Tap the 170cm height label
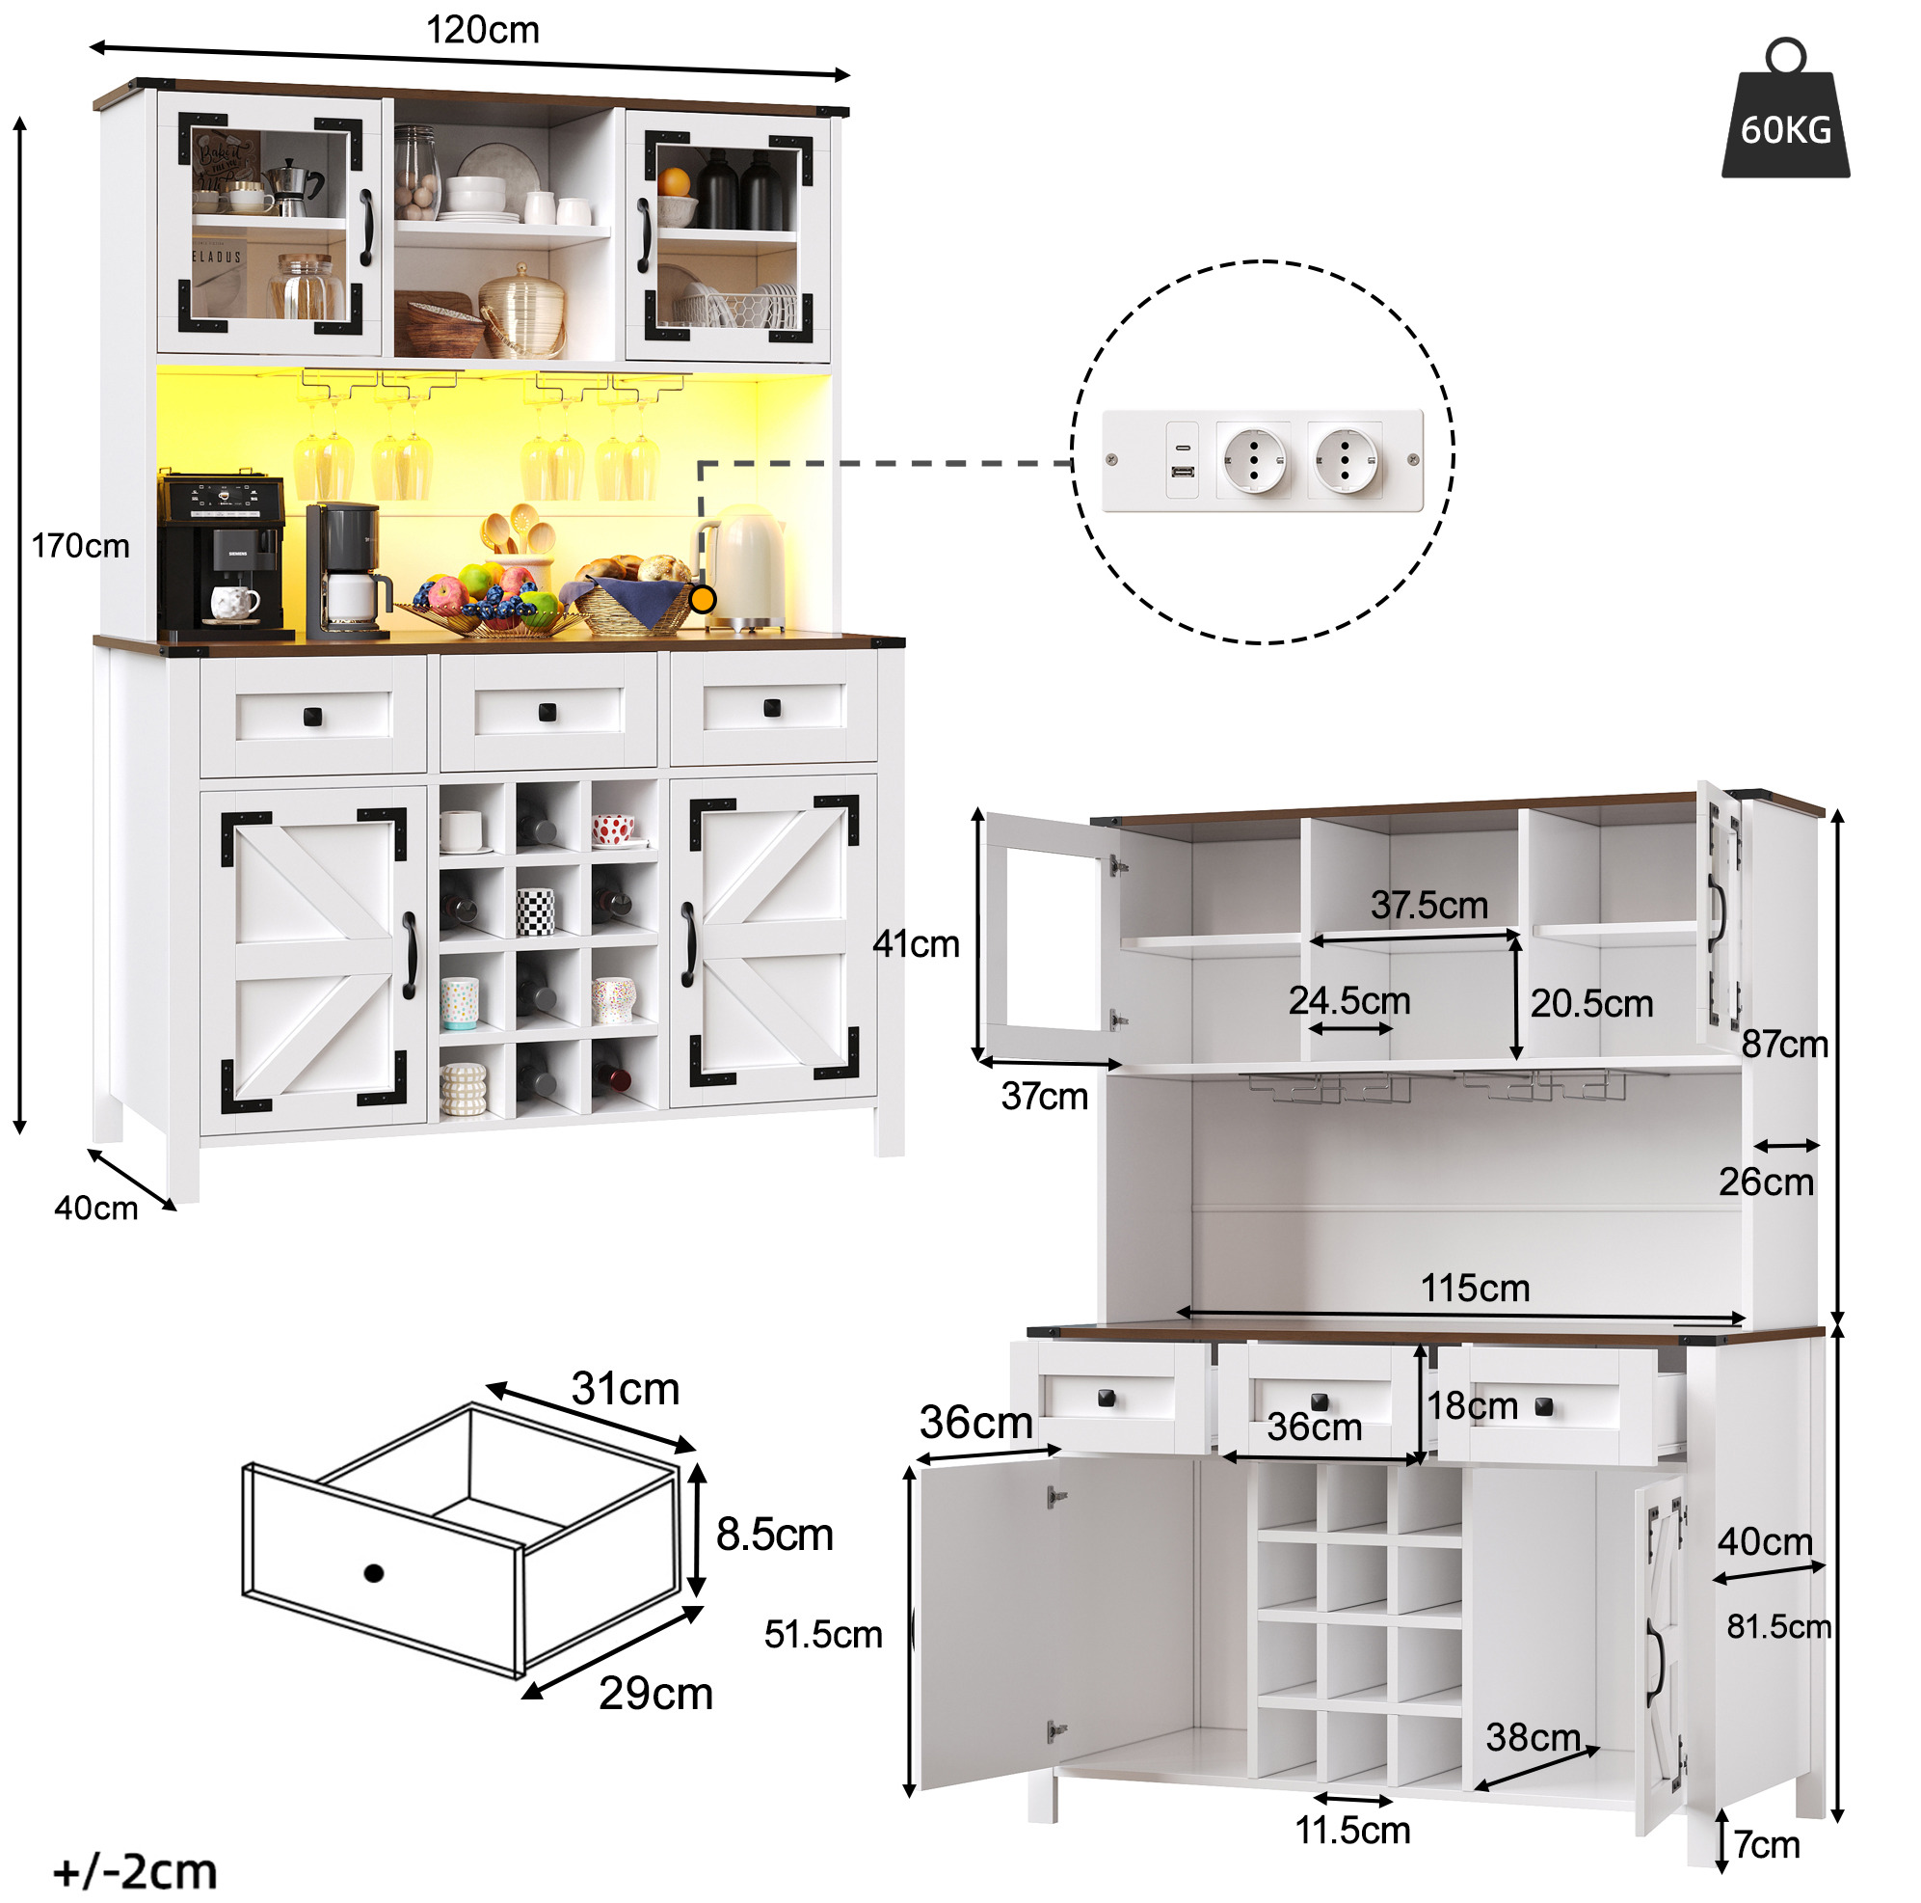[x=81, y=545]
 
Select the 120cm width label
[x=482, y=30]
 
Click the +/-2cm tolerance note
[x=134, y=1870]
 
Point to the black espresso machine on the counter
[x=223, y=556]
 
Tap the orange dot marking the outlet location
[x=702, y=599]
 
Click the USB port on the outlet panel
[x=1183, y=472]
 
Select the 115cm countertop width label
[x=1475, y=1289]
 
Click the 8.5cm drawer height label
[x=775, y=1534]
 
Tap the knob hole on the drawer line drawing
[x=374, y=1573]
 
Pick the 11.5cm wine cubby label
[x=1352, y=1831]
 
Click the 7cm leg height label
[x=1768, y=1844]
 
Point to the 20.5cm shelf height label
[x=1591, y=1004]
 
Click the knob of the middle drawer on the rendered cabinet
[x=547, y=712]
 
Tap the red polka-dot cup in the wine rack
[x=613, y=829]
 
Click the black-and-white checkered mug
[x=535, y=911]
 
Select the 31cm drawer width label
[x=626, y=1389]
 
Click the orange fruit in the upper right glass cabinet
[x=673, y=182]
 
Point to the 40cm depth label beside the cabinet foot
[x=96, y=1208]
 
